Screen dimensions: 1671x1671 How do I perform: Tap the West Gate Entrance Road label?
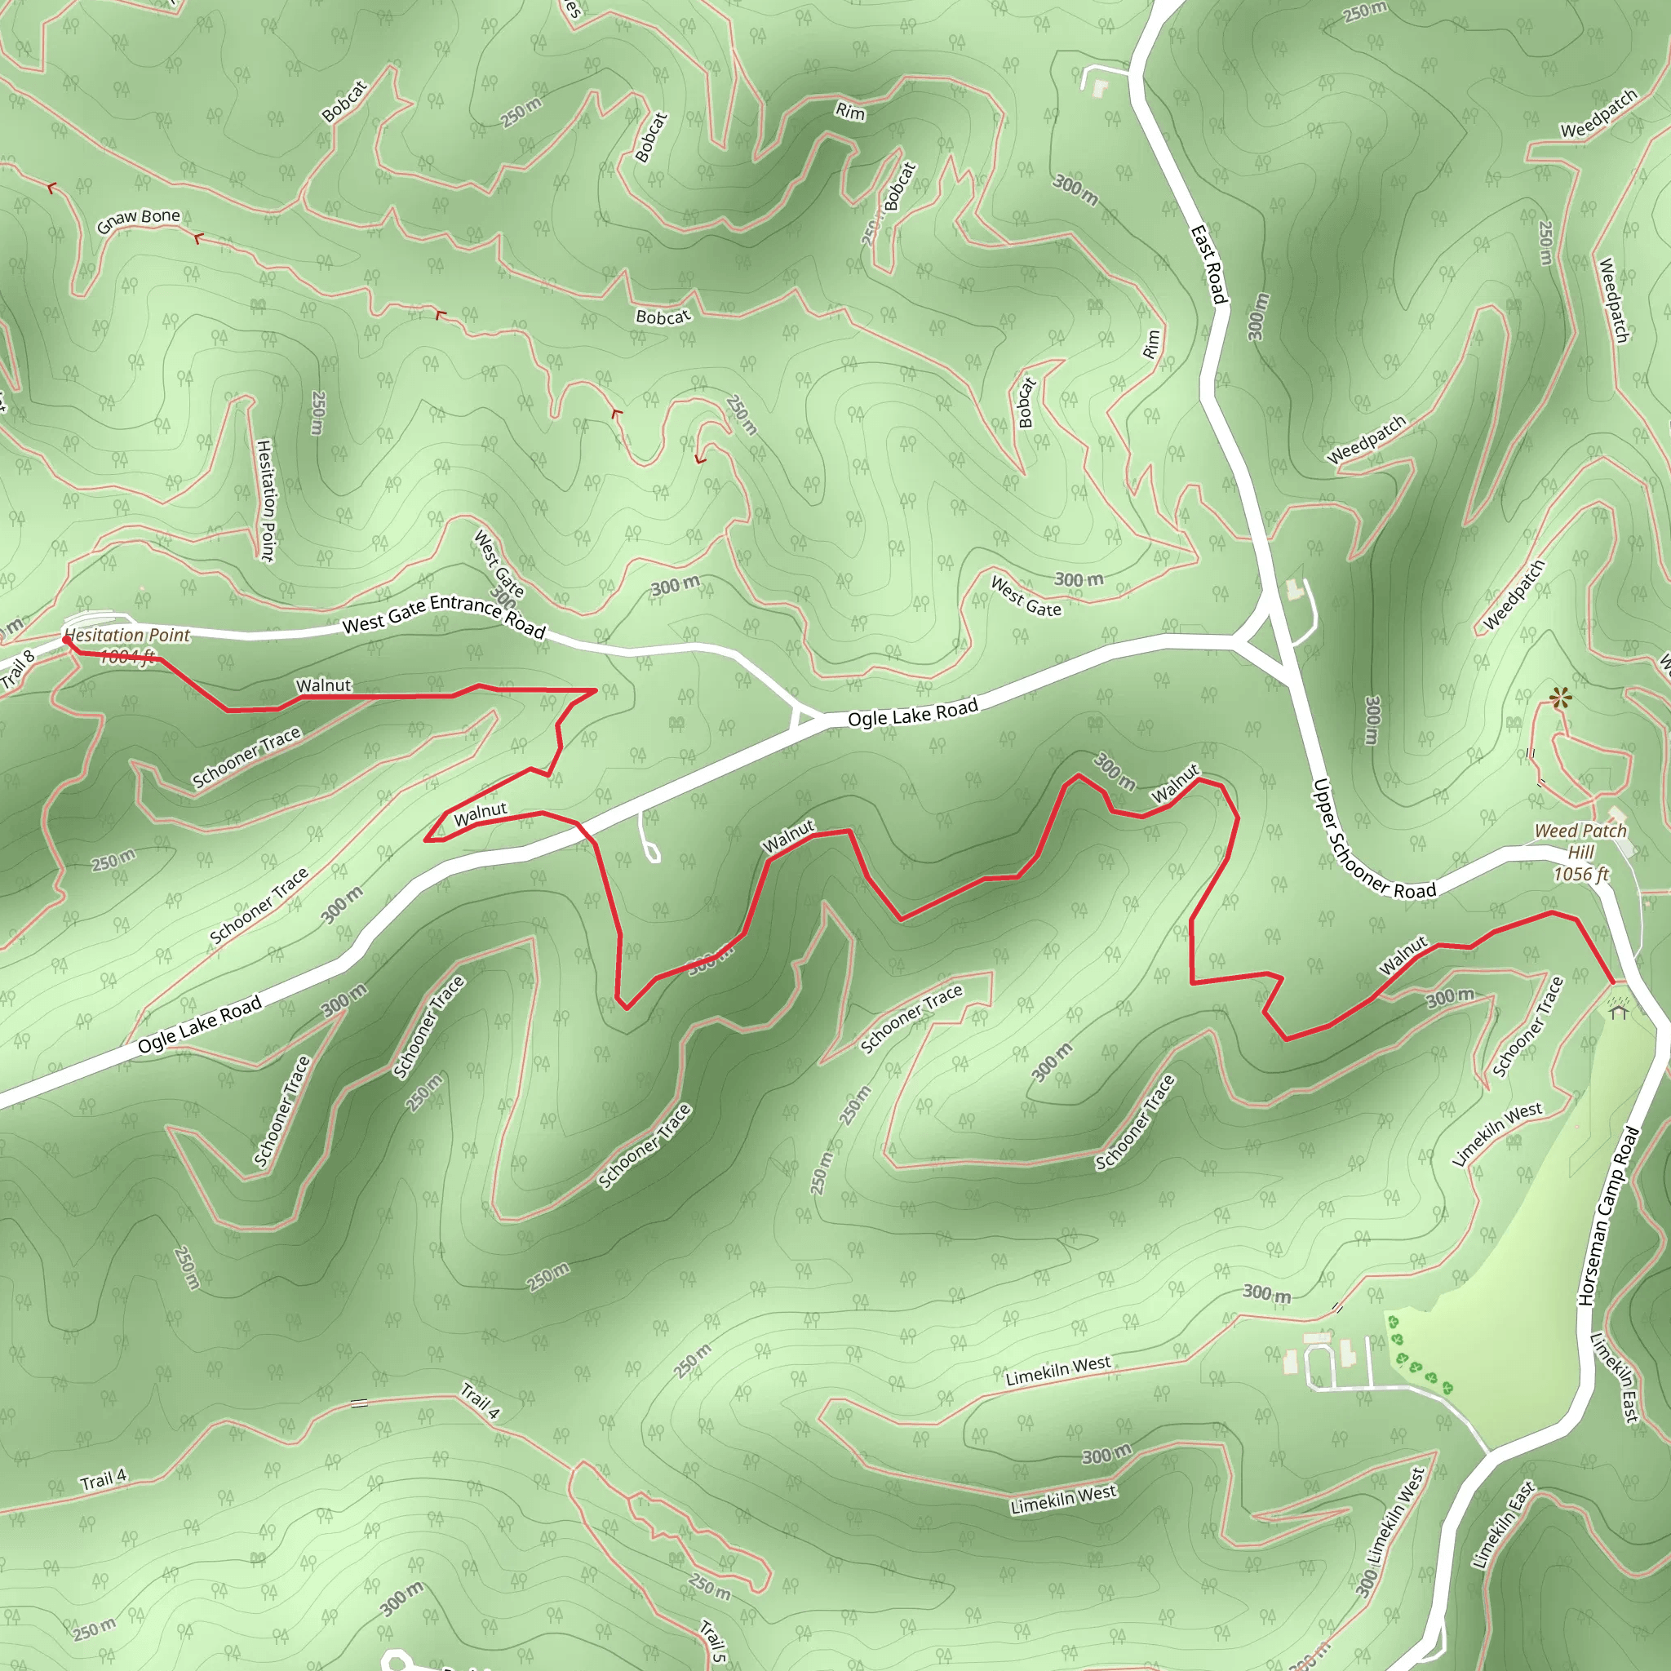coord(443,615)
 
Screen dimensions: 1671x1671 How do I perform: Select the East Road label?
coord(1208,264)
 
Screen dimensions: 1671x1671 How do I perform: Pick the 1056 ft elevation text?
coord(1580,875)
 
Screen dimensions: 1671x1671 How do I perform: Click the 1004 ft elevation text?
coord(126,658)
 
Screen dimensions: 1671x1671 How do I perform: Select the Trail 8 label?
coord(17,668)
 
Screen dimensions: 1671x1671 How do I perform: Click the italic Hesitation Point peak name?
coord(127,635)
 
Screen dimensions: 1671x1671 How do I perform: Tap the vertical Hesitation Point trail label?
coord(265,500)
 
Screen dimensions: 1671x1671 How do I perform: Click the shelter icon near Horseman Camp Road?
coord(1618,1008)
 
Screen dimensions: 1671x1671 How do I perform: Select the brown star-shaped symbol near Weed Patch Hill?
coord(1558,697)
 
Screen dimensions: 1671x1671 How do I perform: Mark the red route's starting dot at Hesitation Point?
coord(67,639)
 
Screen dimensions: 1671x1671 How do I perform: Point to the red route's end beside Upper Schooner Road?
coord(1613,982)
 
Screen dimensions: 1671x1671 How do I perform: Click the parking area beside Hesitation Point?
coord(100,619)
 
